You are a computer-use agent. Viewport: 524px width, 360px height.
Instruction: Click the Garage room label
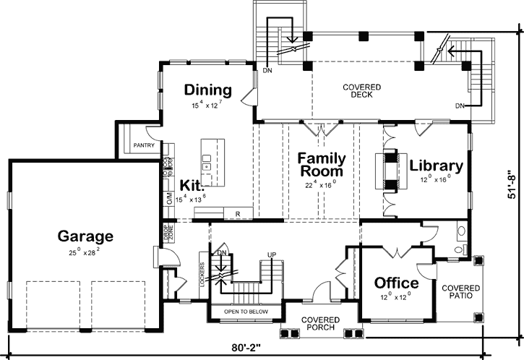(86, 236)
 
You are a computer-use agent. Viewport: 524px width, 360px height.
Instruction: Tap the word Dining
(207, 90)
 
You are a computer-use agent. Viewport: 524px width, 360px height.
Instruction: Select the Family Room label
(322, 165)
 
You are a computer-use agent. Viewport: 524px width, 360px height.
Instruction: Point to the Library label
(436, 165)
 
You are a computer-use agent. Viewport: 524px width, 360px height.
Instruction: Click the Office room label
(396, 282)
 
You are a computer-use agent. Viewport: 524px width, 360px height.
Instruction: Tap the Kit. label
(192, 184)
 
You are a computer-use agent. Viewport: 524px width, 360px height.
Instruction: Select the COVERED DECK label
(361, 91)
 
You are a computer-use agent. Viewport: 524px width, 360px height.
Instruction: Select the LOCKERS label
(202, 273)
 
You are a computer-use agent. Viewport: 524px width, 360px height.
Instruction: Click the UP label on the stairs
(272, 254)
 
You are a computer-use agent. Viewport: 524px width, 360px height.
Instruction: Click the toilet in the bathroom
(461, 232)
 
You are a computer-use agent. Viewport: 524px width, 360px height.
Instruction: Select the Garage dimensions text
(86, 252)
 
